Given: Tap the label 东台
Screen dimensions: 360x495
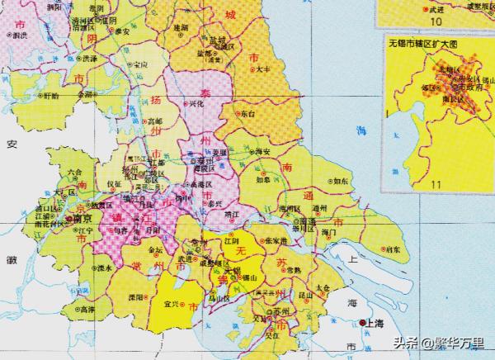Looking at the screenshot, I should click(x=248, y=113).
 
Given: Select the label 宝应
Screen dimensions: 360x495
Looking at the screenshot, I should click(x=140, y=64).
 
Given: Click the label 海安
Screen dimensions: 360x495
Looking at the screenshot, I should click(x=263, y=152).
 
